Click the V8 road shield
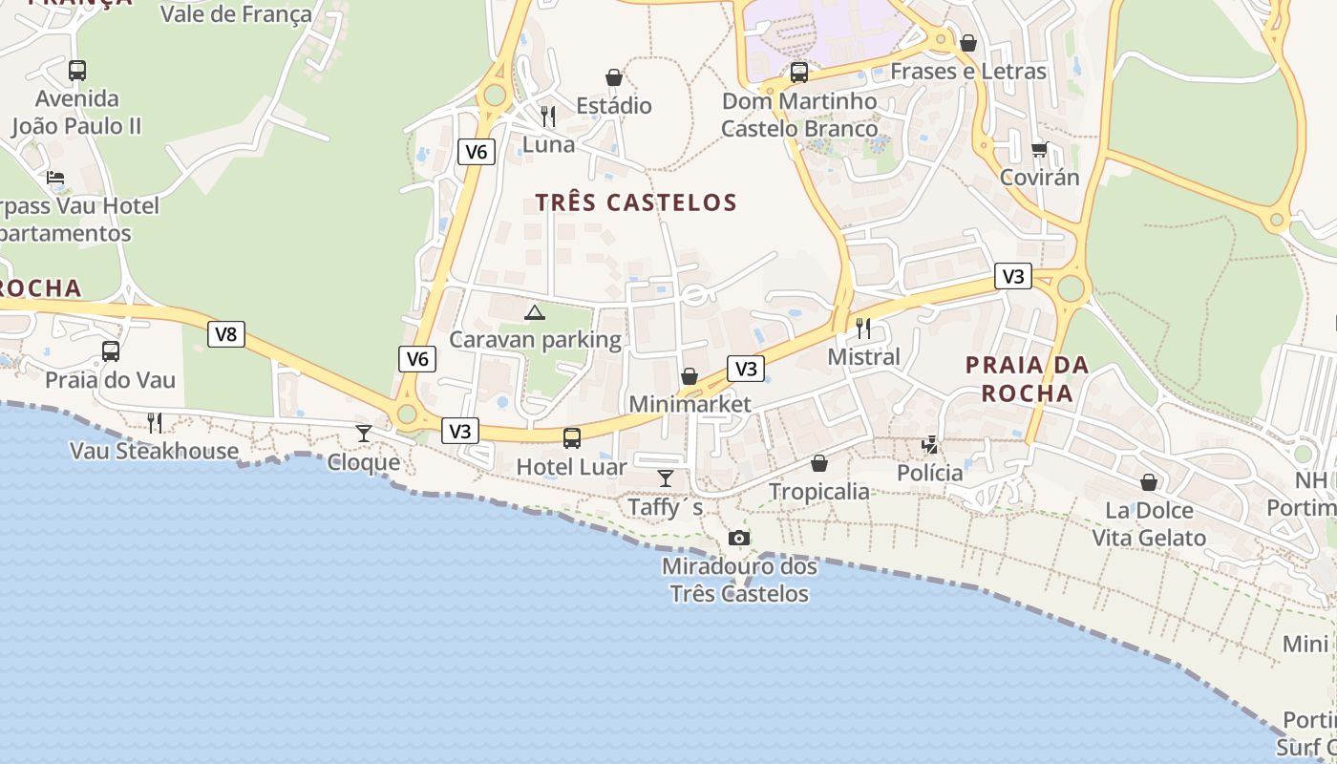pyautogui.click(x=225, y=334)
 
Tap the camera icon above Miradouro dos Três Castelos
pyautogui.click(x=738, y=539)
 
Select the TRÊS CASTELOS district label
pyautogui.click(x=636, y=202)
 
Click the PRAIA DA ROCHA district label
pyautogui.click(x=1027, y=379)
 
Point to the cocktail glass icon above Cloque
pyautogui.click(x=364, y=434)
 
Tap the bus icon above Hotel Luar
pyautogui.click(x=571, y=438)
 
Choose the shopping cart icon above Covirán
pyautogui.click(x=1039, y=149)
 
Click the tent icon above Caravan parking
pyautogui.click(x=535, y=311)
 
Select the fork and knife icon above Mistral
pyautogui.click(x=863, y=329)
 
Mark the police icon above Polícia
pyautogui.click(x=930, y=444)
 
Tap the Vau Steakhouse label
pyautogui.click(x=155, y=451)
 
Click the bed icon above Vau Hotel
pyautogui.click(x=55, y=178)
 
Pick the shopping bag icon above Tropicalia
pyautogui.click(x=819, y=463)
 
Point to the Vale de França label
pyautogui.click(x=236, y=14)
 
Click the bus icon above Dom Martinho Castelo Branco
pyautogui.click(x=799, y=72)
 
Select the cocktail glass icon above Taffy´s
pyautogui.click(x=666, y=478)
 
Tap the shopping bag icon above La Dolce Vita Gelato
pyautogui.click(x=1149, y=482)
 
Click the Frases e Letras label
pyautogui.click(x=967, y=72)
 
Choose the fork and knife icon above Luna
pyautogui.click(x=548, y=117)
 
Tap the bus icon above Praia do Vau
pyautogui.click(x=111, y=351)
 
